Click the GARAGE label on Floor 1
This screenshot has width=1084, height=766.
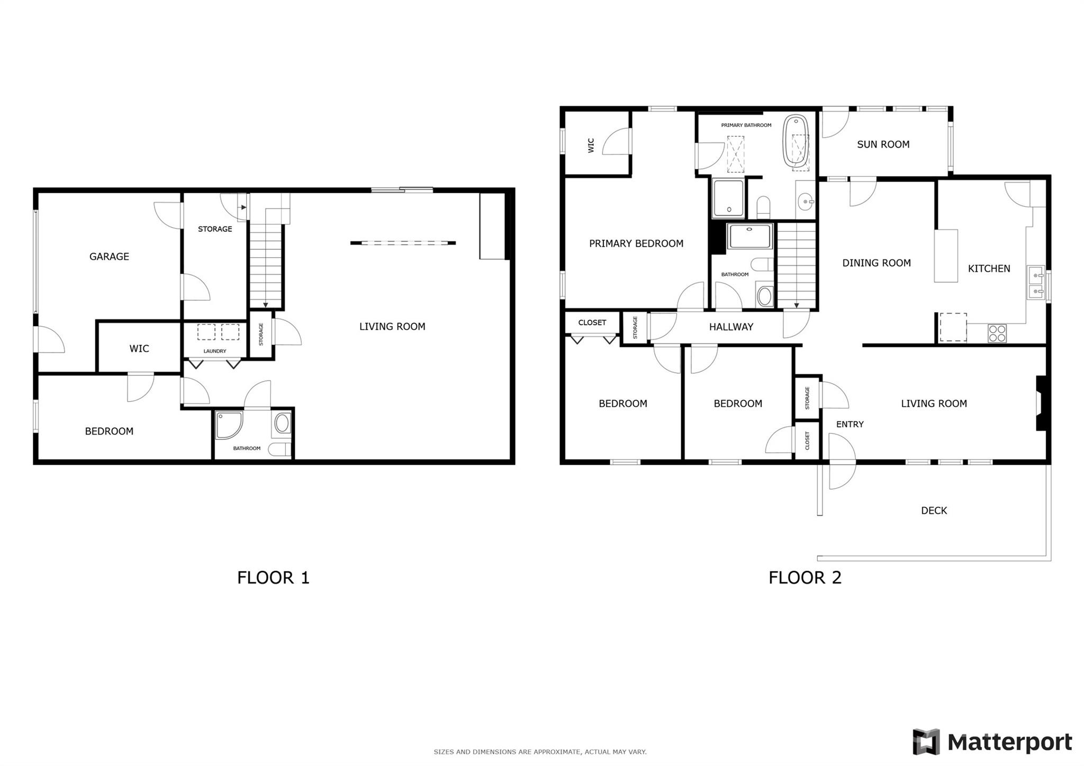109,257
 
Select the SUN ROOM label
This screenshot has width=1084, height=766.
883,145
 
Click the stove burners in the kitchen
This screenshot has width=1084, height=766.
997,333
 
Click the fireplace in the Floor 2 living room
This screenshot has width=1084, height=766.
1041,403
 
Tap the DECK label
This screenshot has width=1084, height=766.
934,511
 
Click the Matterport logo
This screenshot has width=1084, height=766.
992,742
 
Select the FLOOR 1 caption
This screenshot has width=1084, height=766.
273,578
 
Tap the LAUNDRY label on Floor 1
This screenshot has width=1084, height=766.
214,351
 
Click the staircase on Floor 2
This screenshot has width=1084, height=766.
797,265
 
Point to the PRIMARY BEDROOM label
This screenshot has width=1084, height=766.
636,244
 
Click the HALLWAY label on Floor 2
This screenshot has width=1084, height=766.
731,327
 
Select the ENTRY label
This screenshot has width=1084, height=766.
850,424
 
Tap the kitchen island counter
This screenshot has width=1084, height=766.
945,256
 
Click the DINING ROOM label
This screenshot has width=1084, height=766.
877,263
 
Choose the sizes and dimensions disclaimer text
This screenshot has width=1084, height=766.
540,752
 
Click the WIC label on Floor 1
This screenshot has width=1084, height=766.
139,349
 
